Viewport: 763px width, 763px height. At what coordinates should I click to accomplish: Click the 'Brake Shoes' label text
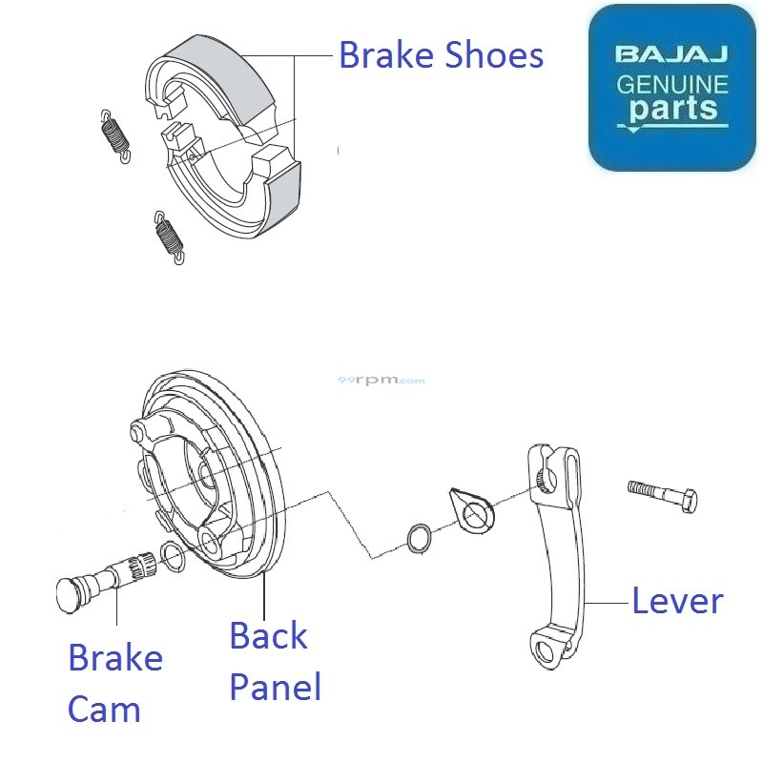click(x=441, y=55)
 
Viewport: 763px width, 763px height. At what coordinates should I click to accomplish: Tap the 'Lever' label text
click(x=677, y=601)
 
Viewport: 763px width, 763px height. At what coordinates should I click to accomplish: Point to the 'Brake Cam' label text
click(x=114, y=683)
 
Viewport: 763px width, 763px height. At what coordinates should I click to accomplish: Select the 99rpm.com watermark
click(x=381, y=380)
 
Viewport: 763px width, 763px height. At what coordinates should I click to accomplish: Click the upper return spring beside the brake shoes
click(x=114, y=134)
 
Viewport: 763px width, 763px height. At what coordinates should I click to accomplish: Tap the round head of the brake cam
click(x=69, y=593)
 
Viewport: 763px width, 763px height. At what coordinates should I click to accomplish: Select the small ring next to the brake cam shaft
click(x=172, y=555)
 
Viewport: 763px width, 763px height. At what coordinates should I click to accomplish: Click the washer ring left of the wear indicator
click(x=418, y=537)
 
